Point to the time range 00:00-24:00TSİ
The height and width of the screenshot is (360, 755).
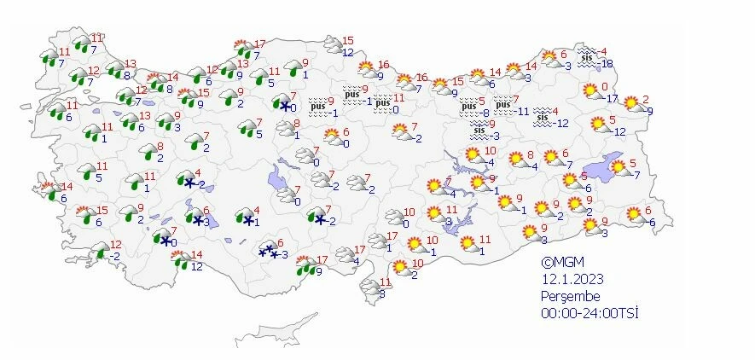(589, 312)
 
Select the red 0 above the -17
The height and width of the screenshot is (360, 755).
(604, 86)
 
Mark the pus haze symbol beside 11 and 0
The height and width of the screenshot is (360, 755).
(381, 103)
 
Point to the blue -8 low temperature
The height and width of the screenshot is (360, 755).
(482, 112)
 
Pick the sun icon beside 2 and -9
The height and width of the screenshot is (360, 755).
(631, 103)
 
